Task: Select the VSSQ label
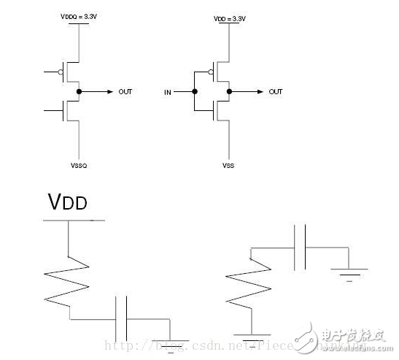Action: tap(79, 166)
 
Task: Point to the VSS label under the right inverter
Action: tap(229, 166)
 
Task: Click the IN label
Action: tap(167, 93)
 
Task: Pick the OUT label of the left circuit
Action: tap(125, 92)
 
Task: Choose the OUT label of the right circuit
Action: tap(275, 92)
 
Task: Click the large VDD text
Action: tap(67, 202)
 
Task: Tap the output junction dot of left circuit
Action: tap(80, 92)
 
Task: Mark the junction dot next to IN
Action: tap(195, 93)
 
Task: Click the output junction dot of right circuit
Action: tap(229, 92)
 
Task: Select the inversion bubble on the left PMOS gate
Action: tap(61, 72)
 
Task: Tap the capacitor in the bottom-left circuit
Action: tap(122, 318)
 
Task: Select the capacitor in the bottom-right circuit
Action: tap(299, 248)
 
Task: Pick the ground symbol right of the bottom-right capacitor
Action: tap(347, 274)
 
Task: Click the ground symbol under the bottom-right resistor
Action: tap(250, 338)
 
